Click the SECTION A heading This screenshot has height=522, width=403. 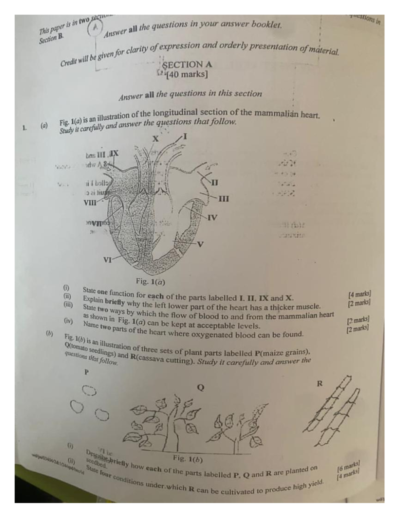(x=187, y=64)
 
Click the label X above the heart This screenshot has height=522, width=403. (x=155, y=138)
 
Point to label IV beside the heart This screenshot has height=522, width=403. (x=212, y=217)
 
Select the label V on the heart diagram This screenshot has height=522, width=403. (x=200, y=244)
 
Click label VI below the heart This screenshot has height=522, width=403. (x=107, y=260)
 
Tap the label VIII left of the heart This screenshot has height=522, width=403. (x=90, y=203)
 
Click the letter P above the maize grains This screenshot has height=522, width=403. (x=87, y=372)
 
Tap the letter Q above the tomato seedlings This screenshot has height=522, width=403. (x=200, y=388)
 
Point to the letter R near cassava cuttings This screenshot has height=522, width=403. (x=319, y=384)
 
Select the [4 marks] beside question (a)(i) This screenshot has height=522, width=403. (x=360, y=295)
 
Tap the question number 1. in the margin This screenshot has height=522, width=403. (x=24, y=127)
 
